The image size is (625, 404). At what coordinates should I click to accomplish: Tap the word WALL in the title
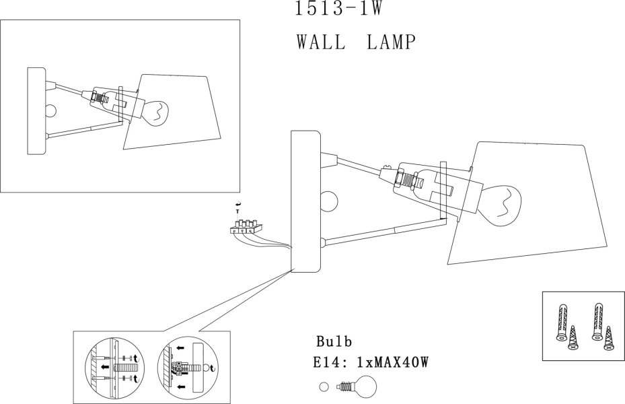tap(321, 42)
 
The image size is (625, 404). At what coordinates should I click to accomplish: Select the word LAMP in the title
tap(392, 42)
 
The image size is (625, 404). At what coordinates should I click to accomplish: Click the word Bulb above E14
tap(334, 341)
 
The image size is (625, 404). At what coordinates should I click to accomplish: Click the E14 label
tap(329, 363)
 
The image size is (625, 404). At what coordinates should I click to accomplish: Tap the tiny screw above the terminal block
tap(237, 211)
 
